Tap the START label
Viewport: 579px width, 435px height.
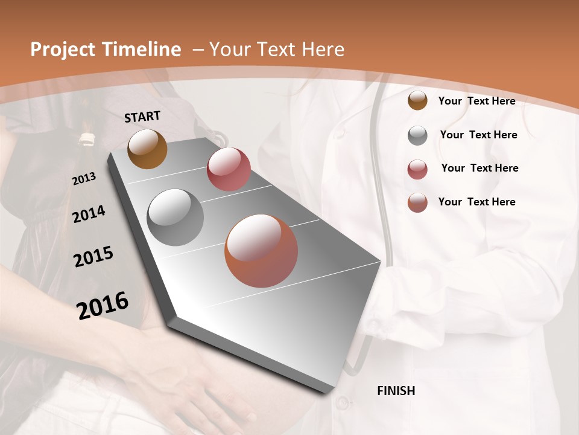point(142,117)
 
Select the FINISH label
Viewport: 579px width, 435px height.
point(396,391)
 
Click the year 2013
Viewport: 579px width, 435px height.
point(84,179)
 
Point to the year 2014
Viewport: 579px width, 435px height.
point(89,214)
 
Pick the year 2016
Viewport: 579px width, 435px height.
point(103,305)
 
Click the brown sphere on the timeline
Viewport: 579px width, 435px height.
point(147,149)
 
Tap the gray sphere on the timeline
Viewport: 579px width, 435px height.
point(176,217)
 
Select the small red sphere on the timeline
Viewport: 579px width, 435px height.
point(229,169)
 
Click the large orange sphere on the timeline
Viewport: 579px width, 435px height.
point(261,251)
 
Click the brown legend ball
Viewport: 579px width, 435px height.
point(417,100)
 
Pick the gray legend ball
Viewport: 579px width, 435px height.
point(417,135)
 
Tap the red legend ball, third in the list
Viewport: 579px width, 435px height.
point(417,169)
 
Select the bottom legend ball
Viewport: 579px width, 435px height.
point(417,202)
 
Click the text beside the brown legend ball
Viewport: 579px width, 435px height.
point(476,101)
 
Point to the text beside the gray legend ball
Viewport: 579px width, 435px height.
point(478,135)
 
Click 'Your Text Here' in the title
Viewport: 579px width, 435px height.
point(277,50)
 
